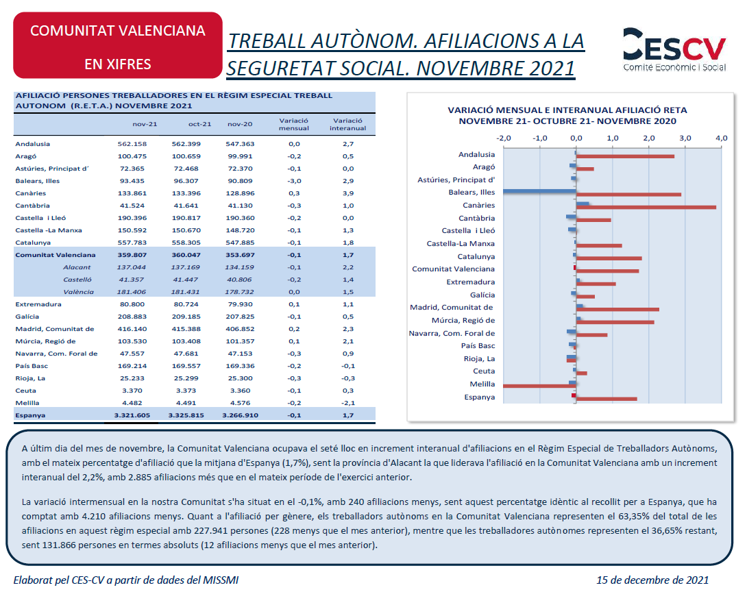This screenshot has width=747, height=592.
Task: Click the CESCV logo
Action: [674, 49]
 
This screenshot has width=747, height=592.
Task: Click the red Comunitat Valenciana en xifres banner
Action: [118, 45]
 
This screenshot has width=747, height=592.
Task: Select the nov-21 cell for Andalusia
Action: [132, 144]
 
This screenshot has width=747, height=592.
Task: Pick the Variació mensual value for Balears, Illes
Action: [294, 181]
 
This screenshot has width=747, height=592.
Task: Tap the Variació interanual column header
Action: [347, 124]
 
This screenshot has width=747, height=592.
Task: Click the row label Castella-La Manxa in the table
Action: [49, 230]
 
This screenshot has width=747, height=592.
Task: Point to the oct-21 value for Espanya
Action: [186, 415]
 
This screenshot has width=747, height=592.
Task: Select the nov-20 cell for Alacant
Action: [240, 267]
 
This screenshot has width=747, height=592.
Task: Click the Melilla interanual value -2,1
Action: [347, 403]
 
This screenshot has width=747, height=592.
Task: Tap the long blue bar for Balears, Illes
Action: [540, 191]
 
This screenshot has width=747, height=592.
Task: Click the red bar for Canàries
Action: [646, 207]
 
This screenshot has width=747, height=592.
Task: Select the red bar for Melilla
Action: [540, 386]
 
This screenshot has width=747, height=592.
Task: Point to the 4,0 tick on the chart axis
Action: [721, 138]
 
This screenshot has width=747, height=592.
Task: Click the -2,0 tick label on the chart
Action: [503, 138]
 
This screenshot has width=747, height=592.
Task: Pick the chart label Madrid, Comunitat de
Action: [452, 307]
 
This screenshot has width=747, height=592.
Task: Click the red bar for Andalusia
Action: [626, 156]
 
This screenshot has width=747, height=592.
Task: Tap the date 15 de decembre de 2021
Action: [652, 580]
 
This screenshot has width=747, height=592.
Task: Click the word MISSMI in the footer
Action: [221, 580]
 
